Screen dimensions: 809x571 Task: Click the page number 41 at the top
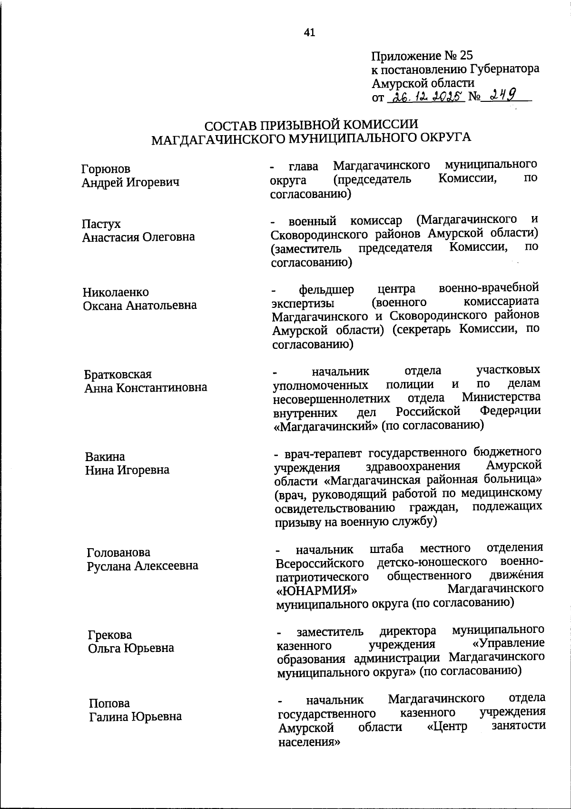click(309, 32)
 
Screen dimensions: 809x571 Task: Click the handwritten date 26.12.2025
click(426, 97)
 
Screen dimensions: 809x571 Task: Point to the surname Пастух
click(101, 224)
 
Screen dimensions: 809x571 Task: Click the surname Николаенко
click(116, 292)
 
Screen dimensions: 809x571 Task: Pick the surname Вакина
click(105, 457)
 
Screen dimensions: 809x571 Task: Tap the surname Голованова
click(118, 552)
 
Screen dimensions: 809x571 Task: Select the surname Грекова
click(110, 635)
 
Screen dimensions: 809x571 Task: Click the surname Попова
click(109, 703)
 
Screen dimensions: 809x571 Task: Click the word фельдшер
click(326, 289)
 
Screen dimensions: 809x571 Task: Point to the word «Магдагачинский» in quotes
click(326, 426)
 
